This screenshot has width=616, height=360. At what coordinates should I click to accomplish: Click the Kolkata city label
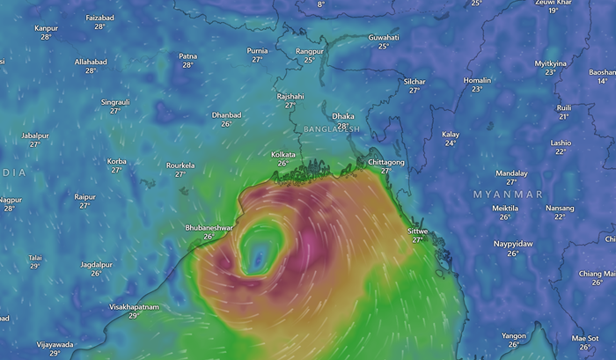coord(282,154)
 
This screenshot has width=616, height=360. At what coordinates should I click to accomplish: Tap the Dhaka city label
coord(342,115)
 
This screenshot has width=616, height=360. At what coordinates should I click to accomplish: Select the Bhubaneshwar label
coord(209,227)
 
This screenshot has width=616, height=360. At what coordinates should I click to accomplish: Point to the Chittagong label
coord(385,162)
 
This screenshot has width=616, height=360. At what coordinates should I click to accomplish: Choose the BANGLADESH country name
coord(331,129)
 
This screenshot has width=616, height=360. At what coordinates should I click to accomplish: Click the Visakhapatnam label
coord(134,306)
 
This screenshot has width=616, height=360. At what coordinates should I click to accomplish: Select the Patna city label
coord(188,56)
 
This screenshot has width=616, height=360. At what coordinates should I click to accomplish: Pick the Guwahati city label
coord(383,38)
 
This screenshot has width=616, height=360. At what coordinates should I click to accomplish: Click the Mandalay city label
coord(511,173)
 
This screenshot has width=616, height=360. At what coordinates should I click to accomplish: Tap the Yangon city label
coord(513,335)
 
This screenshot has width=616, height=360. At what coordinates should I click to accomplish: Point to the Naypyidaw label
coord(513,243)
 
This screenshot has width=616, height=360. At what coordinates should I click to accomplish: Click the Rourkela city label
coord(180,165)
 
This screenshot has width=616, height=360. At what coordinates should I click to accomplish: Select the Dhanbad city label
coord(226,114)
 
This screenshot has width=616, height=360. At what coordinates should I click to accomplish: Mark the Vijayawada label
coord(55,344)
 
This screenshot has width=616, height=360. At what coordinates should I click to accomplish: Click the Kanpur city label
coord(46,28)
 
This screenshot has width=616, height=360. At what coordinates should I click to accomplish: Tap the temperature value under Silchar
coord(414,90)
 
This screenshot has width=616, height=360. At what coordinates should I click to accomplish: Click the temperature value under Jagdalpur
coord(96,273)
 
